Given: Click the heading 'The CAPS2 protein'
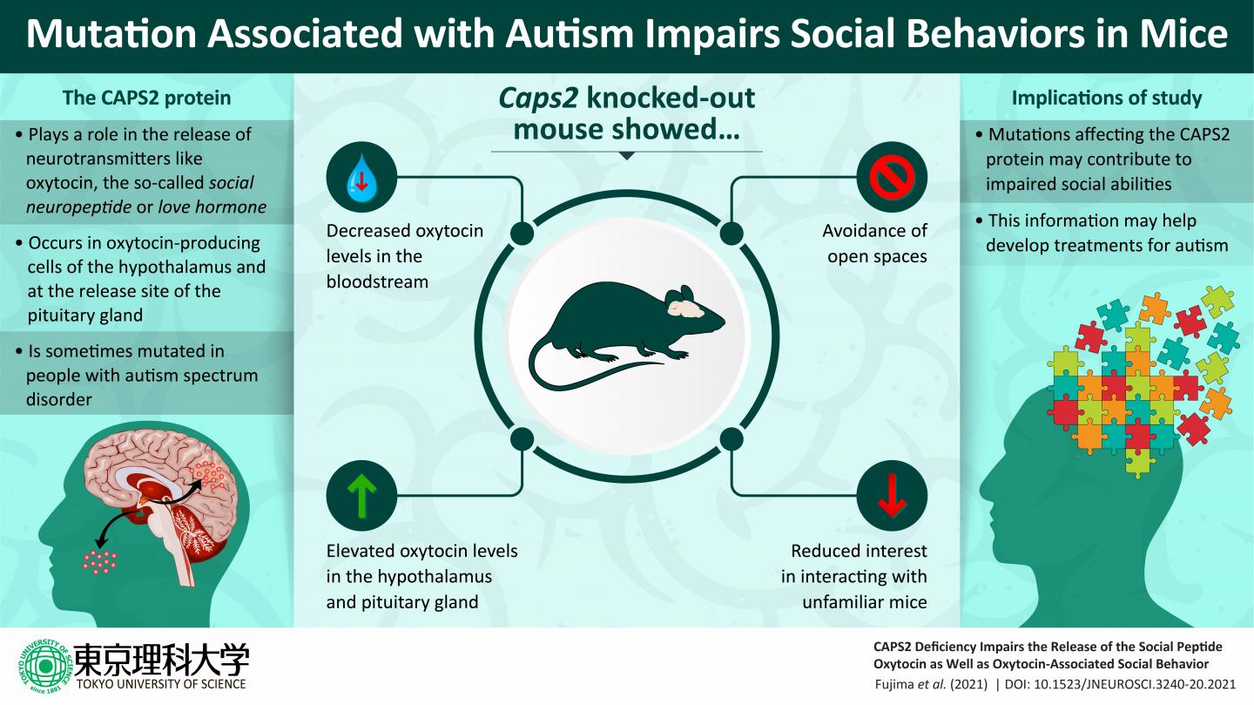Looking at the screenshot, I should click(x=146, y=98).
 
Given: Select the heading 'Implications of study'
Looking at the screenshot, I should click(x=1106, y=98).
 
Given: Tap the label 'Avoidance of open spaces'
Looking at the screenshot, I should click(x=874, y=244).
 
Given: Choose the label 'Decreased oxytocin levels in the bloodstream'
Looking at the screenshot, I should click(x=404, y=256).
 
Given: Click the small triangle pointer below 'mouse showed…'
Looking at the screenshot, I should click(x=626, y=157).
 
